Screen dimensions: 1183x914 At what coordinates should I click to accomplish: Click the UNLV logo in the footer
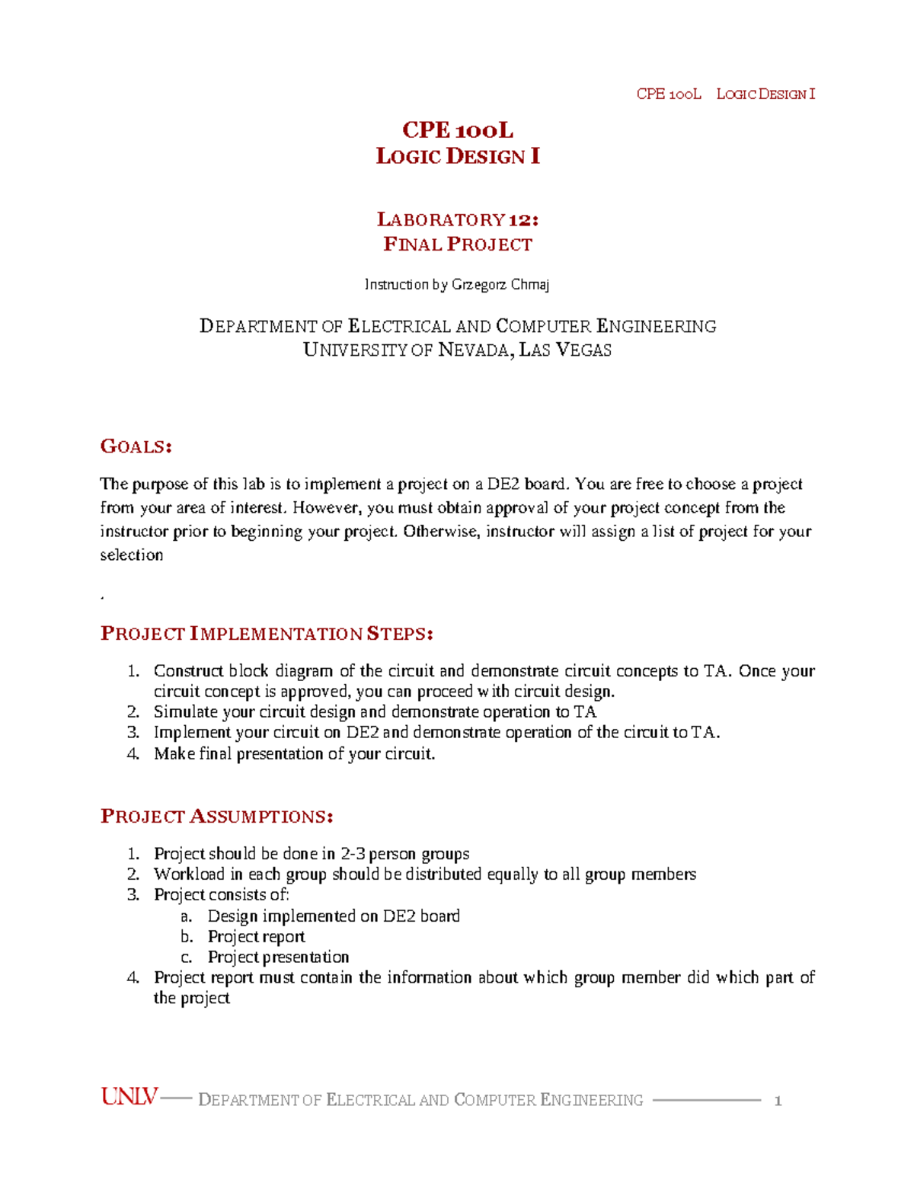coord(129,1097)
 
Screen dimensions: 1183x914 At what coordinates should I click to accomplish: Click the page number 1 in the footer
coord(778,1100)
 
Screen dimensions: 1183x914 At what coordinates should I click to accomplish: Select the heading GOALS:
coord(136,446)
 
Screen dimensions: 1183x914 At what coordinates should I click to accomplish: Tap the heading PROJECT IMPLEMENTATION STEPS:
coord(267,634)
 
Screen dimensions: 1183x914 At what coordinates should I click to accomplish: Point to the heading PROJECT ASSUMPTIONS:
coord(216,817)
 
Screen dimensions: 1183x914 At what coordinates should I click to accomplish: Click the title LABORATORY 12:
coord(458,219)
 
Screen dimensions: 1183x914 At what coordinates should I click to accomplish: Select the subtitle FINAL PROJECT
coord(458,245)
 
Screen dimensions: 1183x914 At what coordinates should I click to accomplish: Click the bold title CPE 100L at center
coord(458,130)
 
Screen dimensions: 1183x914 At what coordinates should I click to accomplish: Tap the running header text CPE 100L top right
coord(668,94)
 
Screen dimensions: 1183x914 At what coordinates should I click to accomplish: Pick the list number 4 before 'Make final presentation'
coord(133,754)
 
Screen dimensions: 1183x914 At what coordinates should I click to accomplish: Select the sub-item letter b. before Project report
coord(187,937)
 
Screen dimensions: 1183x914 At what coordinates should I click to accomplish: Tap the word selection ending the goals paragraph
coord(132,555)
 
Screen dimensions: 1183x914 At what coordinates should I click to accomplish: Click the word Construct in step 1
coord(188,671)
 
